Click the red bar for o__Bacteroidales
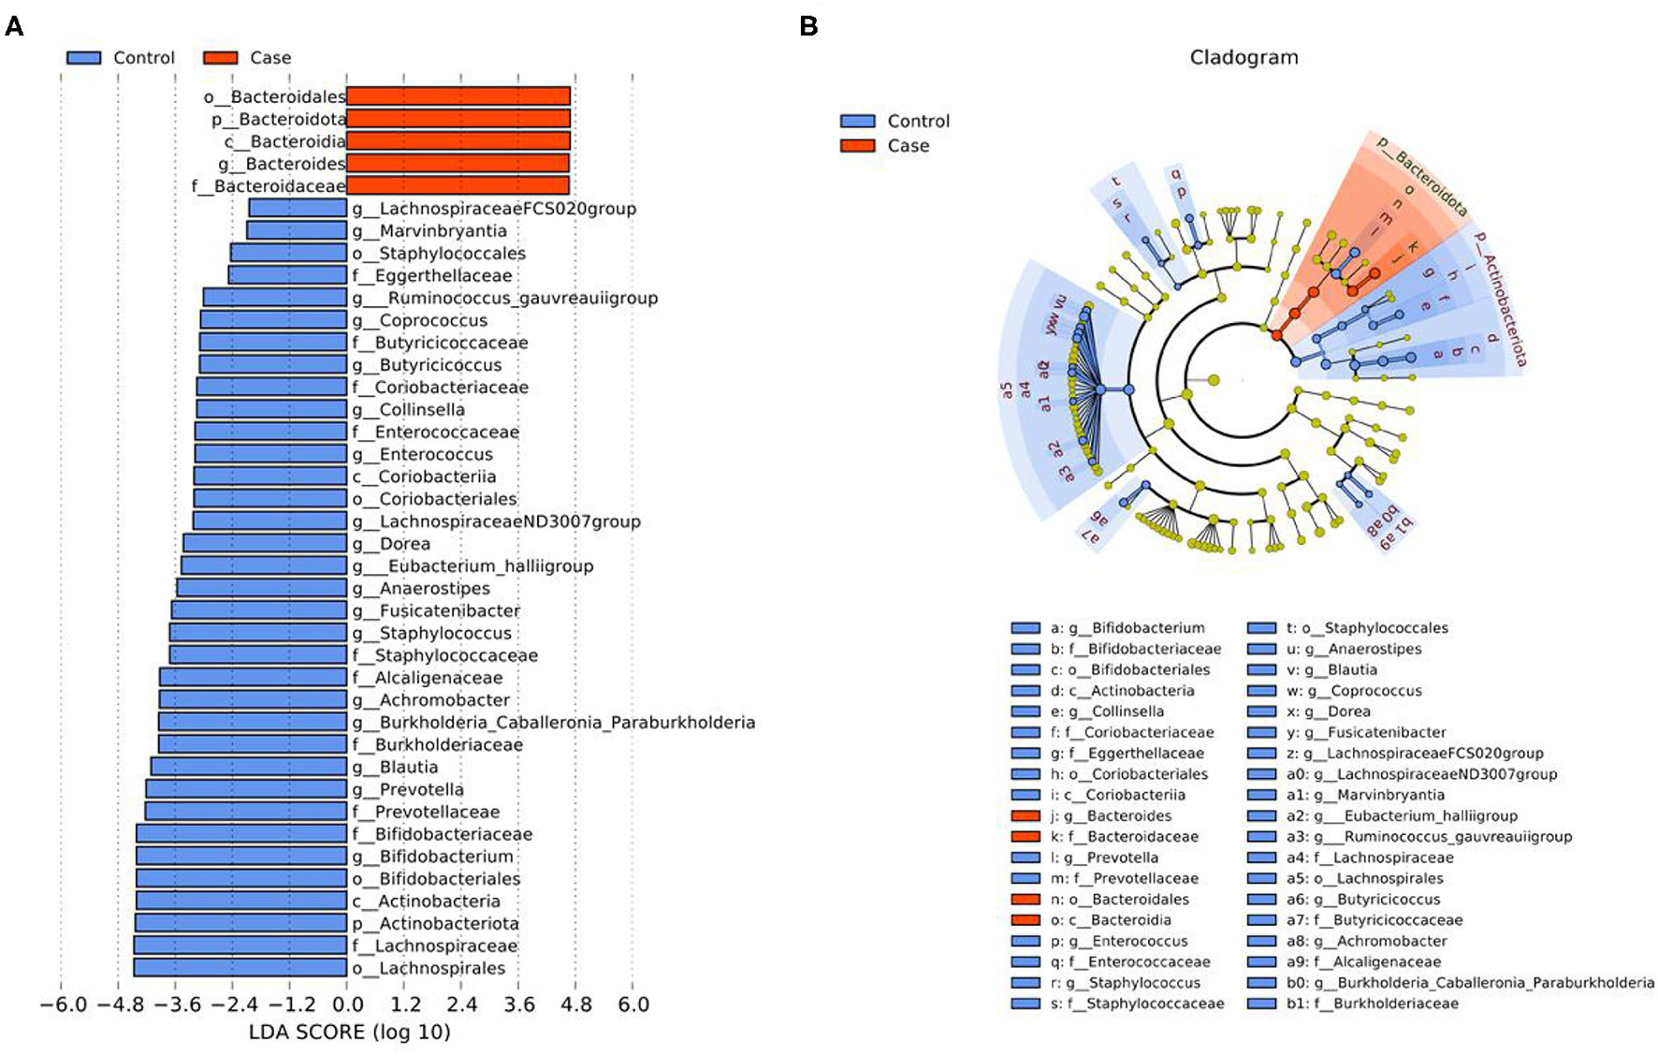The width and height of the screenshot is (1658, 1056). [458, 95]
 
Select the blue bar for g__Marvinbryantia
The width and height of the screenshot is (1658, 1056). [297, 230]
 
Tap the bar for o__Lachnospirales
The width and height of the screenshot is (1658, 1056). [240, 968]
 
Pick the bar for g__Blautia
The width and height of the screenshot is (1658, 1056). [249, 767]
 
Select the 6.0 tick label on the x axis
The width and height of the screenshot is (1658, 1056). [633, 1005]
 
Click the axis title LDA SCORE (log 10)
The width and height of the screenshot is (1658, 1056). [349, 1033]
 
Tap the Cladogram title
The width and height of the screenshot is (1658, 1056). [1243, 57]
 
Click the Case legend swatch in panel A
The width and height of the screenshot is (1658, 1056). [220, 58]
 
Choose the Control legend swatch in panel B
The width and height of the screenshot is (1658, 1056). [857, 121]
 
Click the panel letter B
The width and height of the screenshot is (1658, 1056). [808, 25]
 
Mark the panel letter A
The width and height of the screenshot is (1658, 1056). [14, 25]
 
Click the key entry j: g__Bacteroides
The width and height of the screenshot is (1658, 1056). [1110, 815]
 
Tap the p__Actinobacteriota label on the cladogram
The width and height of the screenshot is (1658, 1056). [1501, 298]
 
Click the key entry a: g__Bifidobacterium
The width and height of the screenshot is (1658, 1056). [1127, 628]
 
